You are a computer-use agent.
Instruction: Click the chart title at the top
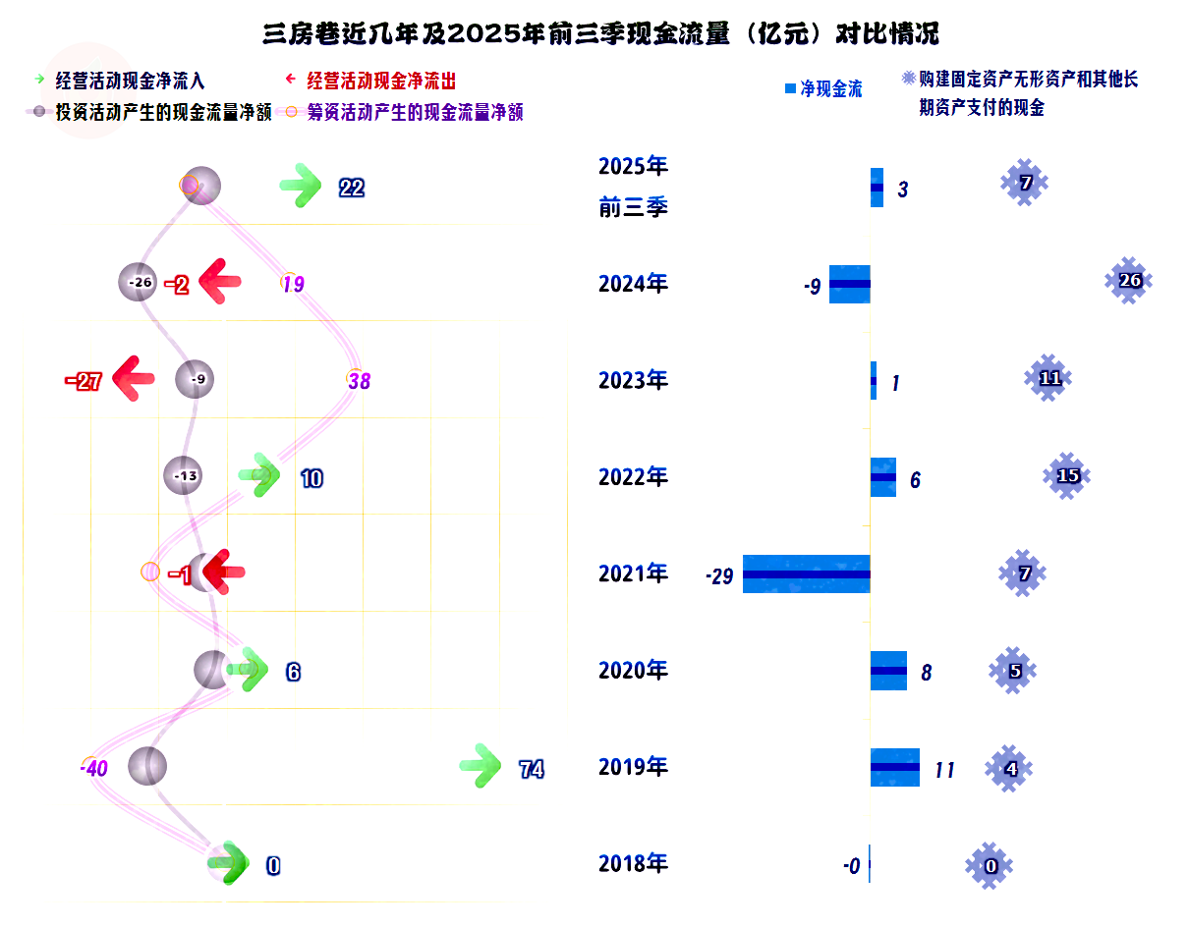coord(600,34)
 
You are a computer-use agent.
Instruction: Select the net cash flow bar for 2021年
coord(806,573)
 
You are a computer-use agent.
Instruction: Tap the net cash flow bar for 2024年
coord(849,284)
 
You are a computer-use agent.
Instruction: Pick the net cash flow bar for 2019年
coord(894,767)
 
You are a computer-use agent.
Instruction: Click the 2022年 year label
coord(633,477)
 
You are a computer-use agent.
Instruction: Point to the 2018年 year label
coord(633,864)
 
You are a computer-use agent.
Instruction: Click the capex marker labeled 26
coord(1129,281)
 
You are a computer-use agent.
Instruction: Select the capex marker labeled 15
coord(1067,476)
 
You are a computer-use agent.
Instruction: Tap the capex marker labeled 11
coord(1049,378)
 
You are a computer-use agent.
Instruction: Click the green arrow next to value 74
coord(481,767)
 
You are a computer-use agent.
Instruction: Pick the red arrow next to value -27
coord(134,379)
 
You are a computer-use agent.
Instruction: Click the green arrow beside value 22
coord(300,187)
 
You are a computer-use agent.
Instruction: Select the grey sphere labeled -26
coord(139,283)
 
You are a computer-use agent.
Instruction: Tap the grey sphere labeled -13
coord(184,476)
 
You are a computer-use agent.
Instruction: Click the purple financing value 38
coord(360,381)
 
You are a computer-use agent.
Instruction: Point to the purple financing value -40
coord(94,768)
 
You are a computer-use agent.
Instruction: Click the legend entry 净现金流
coord(830,89)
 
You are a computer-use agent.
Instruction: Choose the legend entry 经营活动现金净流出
coord(381,81)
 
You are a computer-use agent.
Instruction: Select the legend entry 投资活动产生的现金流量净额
coord(163,112)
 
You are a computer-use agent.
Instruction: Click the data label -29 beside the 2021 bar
coord(719,577)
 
